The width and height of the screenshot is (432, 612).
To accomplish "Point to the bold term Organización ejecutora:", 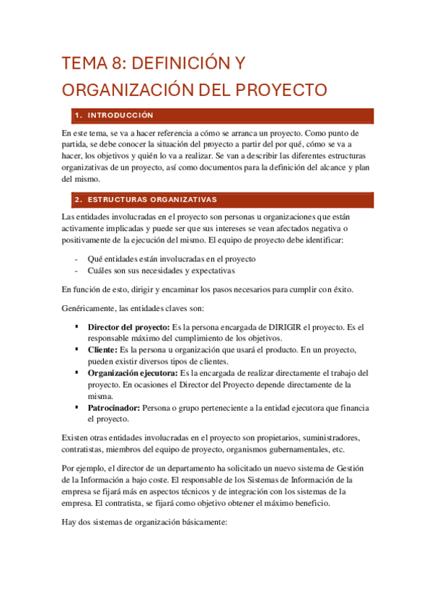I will (133, 373).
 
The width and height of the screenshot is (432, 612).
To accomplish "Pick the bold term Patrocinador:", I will (114, 408).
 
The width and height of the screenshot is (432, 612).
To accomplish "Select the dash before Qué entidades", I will (76, 258).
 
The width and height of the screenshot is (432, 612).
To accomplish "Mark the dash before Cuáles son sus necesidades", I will (76, 271).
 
